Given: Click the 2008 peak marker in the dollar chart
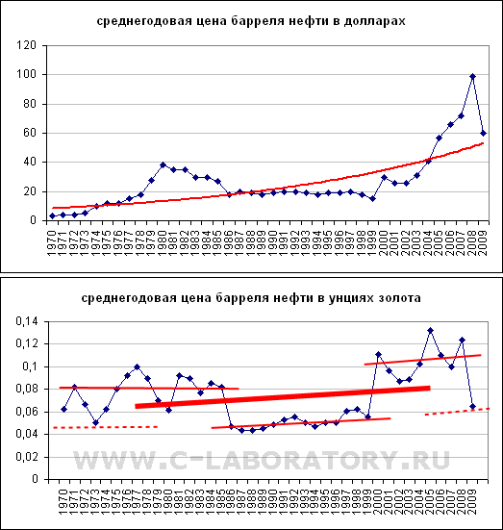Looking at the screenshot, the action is (x=472, y=76).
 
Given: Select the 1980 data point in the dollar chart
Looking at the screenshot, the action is (x=163, y=164).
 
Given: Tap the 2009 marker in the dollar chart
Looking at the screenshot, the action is (x=484, y=133).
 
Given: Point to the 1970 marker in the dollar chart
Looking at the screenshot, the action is (x=52, y=216).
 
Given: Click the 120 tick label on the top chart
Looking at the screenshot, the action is (x=26, y=45).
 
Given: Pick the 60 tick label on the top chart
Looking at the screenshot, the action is (x=30, y=133).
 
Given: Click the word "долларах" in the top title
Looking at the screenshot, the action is (x=374, y=21).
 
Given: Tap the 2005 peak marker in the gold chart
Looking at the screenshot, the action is (x=430, y=330).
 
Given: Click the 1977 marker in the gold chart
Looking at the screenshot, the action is (x=137, y=366).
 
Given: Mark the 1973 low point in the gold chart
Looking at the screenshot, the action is (x=95, y=423).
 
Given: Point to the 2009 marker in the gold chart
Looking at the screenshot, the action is (x=472, y=406).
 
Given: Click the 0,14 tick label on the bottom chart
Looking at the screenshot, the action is (x=27, y=321).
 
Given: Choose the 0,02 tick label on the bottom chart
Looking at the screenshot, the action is (x=27, y=457).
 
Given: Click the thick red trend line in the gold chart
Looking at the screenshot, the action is (x=283, y=397).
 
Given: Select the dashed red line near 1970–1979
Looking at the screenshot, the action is (x=106, y=428).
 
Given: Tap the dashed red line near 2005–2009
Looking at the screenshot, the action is (x=458, y=412).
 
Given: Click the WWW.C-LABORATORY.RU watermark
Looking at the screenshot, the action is (x=262, y=460).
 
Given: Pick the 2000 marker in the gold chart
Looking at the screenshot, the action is (x=378, y=354).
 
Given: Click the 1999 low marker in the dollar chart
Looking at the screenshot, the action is (x=372, y=199).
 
